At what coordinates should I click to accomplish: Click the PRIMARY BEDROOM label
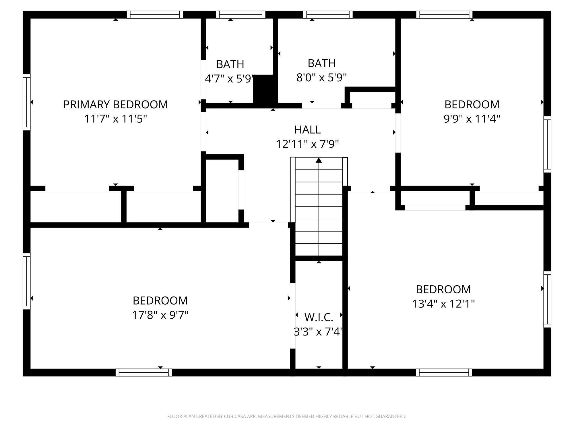pyautogui.click(x=115, y=104)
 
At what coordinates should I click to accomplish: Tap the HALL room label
pyautogui.click(x=307, y=130)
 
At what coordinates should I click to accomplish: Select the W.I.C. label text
pyautogui.click(x=319, y=317)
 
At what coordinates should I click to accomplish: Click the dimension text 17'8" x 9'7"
pyautogui.click(x=160, y=315)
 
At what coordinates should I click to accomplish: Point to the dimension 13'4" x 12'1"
pyautogui.click(x=443, y=303)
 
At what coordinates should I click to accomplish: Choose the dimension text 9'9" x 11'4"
pyautogui.click(x=472, y=118)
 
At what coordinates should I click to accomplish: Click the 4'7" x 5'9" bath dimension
pyautogui.click(x=230, y=78)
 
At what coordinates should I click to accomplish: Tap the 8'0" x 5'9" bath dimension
pyautogui.click(x=321, y=77)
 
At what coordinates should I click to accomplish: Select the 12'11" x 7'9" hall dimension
pyautogui.click(x=307, y=144)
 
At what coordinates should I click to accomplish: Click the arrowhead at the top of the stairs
pyautogui.click(x=319, y=160)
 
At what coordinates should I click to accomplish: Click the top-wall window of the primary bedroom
pyautogui.click(x=155, y=14)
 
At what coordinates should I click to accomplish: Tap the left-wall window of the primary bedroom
pyautogui.click(x=27, y=102)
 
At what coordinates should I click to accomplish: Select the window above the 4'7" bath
pyautogui.click(x=241, y=14)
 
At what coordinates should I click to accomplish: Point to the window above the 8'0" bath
pyautogui.click(x=328, y=14)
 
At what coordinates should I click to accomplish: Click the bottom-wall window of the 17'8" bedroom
pyautogui.click(x=144, y=372)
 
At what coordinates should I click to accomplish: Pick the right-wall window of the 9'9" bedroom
pyautogui.click(x=547, y=144)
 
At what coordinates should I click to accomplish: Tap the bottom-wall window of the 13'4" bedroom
pyautogui.click(x=444, y=372)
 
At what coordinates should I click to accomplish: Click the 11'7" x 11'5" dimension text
pyautogui.click(x=115, y=118)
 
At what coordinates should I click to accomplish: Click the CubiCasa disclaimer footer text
pyautogui.click(x=287, y=416)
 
